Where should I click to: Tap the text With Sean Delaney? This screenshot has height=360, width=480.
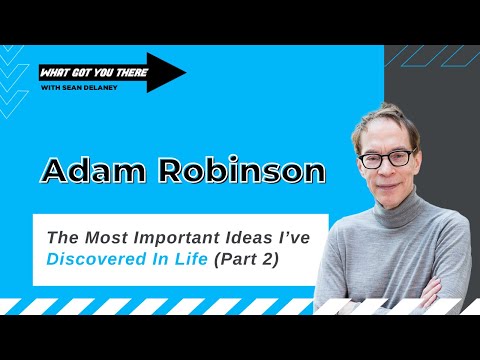click(80, 85)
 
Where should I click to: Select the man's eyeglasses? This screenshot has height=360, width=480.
click(388, 159)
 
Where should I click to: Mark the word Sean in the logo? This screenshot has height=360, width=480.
click(79, 85)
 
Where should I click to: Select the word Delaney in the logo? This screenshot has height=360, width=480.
click(106, 85)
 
